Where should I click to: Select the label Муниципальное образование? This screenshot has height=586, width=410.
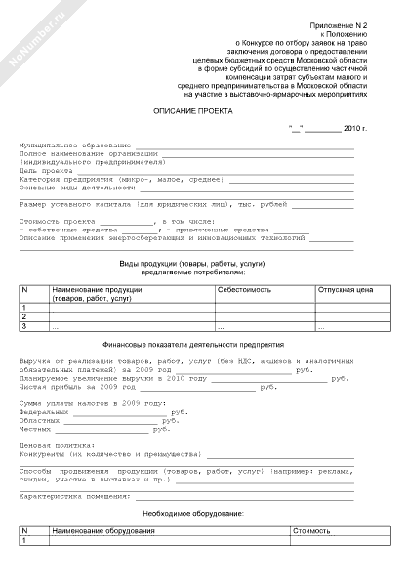click(x=68, y=145)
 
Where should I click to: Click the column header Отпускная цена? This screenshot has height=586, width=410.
click(x=346, y=291)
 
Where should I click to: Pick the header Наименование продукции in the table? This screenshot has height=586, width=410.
click(x=98, y=291)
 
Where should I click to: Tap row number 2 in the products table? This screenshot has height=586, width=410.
click(x=23, y=316)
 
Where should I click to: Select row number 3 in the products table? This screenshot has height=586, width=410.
click(x=23, y=326)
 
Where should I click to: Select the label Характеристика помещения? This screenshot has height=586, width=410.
click(x=74, y=495)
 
